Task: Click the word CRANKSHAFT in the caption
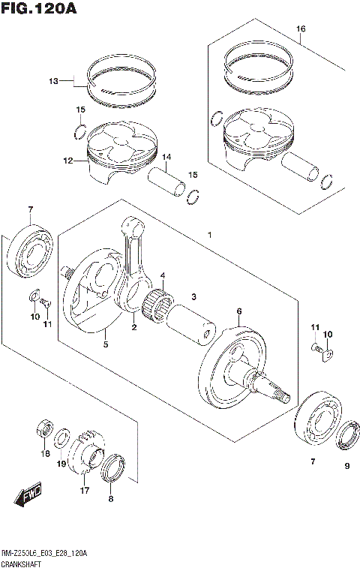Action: coord(22,563)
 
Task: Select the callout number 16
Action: coord(300,30)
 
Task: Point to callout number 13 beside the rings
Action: coord(53,80)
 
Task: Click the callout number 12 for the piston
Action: coord(67,161)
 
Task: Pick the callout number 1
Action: coord(210,236)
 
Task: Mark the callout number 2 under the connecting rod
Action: coord(133,327)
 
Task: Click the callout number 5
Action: coord(105,345)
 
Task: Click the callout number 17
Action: coord(85,491)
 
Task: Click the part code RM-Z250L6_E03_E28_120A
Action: coord(45,553)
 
